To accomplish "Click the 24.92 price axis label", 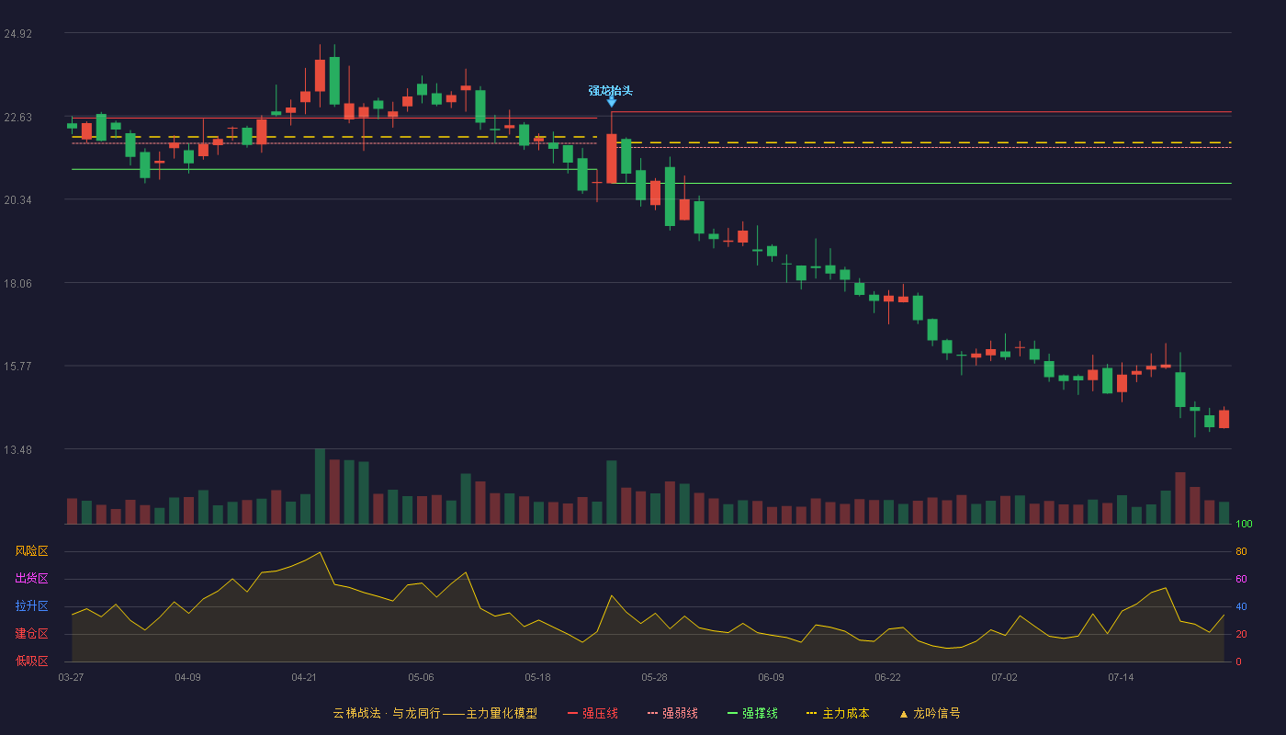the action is point(17,34).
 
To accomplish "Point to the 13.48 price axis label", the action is point(17,449).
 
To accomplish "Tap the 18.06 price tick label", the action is point(17,284).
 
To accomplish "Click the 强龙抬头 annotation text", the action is point(610,91).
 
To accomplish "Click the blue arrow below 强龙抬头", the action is point(612,102).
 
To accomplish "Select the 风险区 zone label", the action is point(31,550).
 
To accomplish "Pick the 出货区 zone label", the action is point(31,578).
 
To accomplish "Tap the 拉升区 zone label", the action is point(31,605).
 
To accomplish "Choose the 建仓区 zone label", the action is point(31,633).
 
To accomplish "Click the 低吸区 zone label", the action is point(31,661).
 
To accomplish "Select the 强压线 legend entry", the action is point(592,713).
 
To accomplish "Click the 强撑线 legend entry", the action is point(752,713).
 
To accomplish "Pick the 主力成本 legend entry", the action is point(838,713).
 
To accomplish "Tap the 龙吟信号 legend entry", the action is point(930,713).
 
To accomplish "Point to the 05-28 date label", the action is point(654,678).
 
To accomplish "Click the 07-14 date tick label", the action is point(1121,678).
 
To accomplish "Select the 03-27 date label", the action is point(72,678).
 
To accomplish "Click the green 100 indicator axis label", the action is point(1244,524).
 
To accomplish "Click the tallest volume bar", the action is point(320,486).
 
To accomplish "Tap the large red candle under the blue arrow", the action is point(612,158).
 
